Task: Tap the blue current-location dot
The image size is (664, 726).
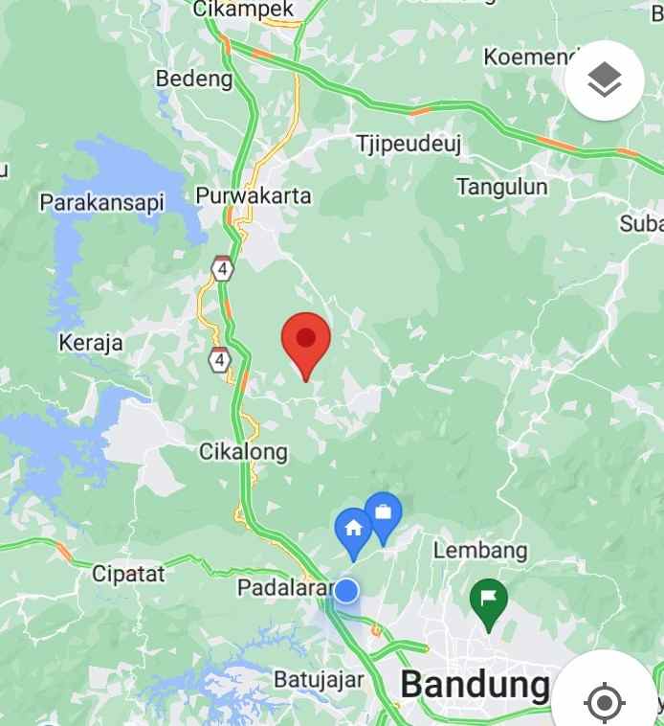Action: [346, 591]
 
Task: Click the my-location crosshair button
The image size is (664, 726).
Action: [604, 702]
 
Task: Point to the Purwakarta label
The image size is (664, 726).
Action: [254, 195]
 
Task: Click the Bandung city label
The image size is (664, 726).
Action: [475, 684]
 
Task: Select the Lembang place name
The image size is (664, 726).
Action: [480, 550]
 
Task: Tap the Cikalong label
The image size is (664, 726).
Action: [243, 450]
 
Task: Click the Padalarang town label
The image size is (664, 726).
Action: [283, 585]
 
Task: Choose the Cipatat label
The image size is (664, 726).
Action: [128, 574]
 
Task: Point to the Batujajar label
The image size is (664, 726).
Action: [319, 680]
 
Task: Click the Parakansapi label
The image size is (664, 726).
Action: [102, 202]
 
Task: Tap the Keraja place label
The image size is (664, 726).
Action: [91, 342]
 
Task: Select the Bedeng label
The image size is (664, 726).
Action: [194, 78]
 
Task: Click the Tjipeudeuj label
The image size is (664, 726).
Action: [409, 144]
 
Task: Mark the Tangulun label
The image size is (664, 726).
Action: [502, 186]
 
